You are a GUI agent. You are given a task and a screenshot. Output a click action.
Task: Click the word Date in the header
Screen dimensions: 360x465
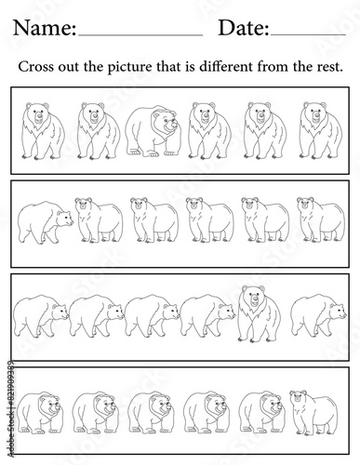point(244,28)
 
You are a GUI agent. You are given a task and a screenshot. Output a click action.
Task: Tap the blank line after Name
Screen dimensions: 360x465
point(140,35)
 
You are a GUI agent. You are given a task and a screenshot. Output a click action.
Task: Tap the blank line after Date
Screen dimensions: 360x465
point(308,35)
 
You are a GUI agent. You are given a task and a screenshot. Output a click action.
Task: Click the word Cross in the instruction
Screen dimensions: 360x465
point(36,67)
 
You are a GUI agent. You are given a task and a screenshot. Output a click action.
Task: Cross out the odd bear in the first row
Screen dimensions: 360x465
point(153,130)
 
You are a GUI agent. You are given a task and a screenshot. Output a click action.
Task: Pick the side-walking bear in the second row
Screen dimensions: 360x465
point(46,222)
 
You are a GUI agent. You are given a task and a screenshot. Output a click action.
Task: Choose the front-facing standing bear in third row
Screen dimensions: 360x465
point(260,313)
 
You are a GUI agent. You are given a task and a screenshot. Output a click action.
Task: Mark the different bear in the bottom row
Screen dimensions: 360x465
point(313,413)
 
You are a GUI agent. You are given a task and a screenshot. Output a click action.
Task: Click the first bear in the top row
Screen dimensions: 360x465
point(43,131)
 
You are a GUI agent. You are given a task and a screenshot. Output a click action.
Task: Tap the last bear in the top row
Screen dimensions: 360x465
point(320,131)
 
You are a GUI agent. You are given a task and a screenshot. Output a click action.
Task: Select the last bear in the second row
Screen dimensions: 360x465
point(321,219)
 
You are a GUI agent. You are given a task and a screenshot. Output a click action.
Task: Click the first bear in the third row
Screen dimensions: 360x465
point(41,316)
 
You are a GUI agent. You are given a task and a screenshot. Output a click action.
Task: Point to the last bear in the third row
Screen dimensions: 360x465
point(318,316)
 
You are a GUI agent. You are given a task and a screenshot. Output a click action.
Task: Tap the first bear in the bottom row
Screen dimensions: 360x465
point(40,413)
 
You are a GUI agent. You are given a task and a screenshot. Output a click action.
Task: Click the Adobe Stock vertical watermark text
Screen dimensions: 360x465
point(11,408)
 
